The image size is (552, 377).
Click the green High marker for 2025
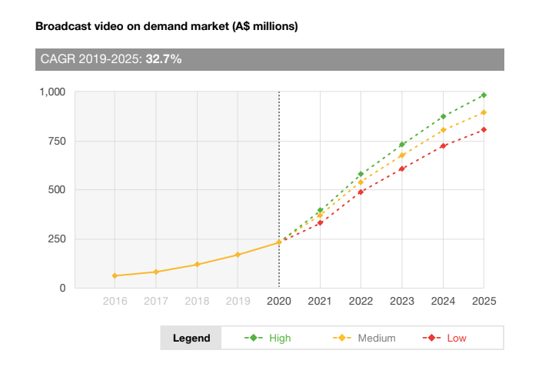[484, 95]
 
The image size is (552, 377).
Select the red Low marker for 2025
[484, 129]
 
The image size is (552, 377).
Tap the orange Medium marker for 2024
[443, 130]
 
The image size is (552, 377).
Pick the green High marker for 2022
[361, 174]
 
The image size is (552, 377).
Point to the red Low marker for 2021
[320, 223]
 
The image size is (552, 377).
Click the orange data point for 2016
[115, 275]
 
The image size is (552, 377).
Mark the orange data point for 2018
[197, 265]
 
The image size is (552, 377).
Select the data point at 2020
[279, 242]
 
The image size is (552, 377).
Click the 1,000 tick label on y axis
[52, 92]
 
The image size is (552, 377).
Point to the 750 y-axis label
[57, 141]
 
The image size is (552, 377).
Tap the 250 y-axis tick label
[57, 239]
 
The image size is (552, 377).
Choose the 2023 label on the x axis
[402, 301]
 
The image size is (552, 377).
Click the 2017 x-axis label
[156, 301]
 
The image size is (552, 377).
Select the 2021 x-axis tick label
[320, 301]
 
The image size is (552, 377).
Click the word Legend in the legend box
[191, 338]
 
